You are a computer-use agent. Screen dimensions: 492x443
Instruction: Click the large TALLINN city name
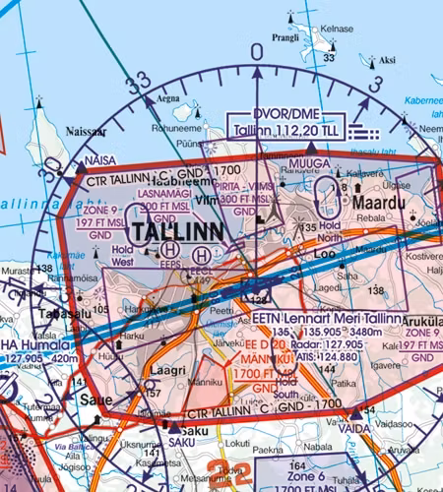coord(176,231)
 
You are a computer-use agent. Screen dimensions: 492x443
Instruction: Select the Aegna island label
coord(169,99)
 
